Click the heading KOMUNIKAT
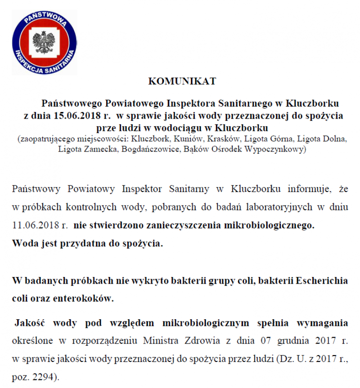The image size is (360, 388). (182, 81)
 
